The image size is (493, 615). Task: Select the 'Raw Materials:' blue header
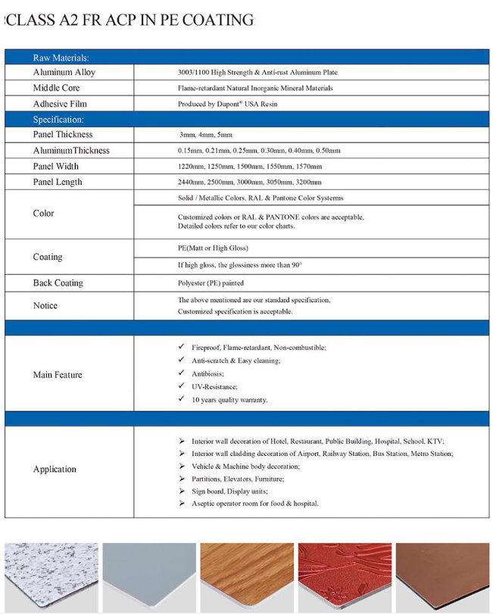[x=61, y=58]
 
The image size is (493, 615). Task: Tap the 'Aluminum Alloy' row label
[x=64, y=73]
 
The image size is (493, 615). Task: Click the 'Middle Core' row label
[x=57, y=89]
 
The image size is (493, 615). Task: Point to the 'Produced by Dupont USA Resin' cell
[x=227, y=104]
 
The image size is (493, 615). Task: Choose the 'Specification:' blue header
[x=58, y=120]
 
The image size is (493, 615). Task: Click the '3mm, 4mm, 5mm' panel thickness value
[x=201, y=135]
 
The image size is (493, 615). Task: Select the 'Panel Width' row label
[x=56, y=167]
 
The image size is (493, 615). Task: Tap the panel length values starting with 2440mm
[x=250, y=183]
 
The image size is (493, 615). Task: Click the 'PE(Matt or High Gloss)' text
[x=213, y=248]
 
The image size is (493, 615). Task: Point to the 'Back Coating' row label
[x=58, y=283]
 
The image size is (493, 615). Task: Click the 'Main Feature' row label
[x=58, y=375]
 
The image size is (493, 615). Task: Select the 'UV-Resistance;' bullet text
[x=214, y=387]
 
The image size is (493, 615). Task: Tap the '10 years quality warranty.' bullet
[x=229, y=400]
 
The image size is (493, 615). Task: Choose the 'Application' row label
[x=55, y=470]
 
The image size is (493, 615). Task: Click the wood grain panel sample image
[x=246, y=577]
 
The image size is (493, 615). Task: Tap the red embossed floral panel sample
[x=345, y=577]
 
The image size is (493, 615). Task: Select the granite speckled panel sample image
[x=50, y=577]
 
